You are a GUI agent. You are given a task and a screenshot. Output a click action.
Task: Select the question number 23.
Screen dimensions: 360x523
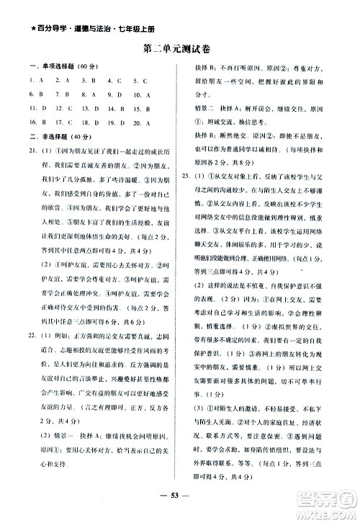click(x=186, y=175)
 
